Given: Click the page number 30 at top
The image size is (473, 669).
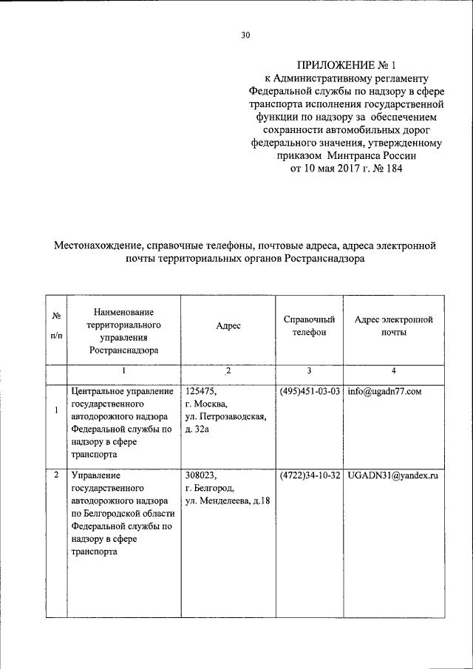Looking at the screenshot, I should coord(246,34).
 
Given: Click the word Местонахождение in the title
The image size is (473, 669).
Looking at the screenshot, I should coord(98,245).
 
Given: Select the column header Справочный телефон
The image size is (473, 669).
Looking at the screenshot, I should coord(309,326).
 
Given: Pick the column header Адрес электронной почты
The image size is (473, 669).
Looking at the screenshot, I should coord(394,326).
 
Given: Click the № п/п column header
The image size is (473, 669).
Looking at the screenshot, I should coord(56,325).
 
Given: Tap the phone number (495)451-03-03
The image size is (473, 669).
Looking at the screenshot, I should coord(310,391).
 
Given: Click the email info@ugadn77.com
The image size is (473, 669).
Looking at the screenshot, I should coord(382,391).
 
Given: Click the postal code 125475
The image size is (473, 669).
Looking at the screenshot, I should coord(200,391).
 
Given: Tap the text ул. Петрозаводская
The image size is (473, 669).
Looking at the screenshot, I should coord(225,417).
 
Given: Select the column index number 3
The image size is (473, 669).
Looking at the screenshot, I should coord(309,370).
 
